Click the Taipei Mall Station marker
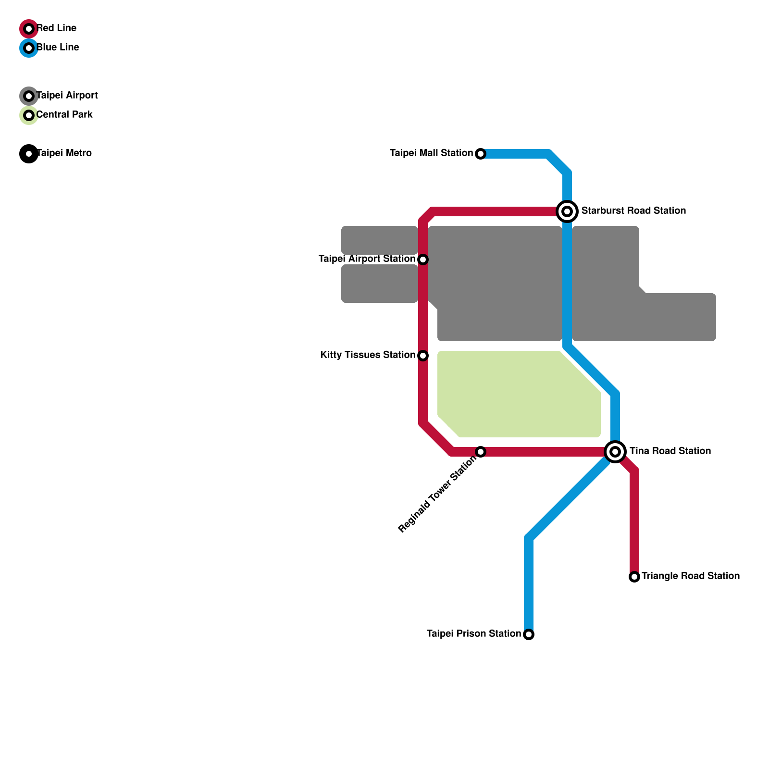[x=481, y=154]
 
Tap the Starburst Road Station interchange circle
[x=567, y=211]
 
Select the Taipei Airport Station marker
[x=423, y=260]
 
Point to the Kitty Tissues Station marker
[x=423, y=356]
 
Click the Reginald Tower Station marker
[x=481, y=452]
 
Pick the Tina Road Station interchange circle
[x=615, y=451]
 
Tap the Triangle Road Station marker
[x=634, y=577]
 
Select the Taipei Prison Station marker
[x=529, y=634]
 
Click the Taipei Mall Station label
[x=431, y=153]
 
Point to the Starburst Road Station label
[x=633, y=211]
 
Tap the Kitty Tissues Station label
[x=368, y=355]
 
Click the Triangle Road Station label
[x=690, y=576]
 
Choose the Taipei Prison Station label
[x=473, y=634]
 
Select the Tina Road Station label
[x=670, y=451]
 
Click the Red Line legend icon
[x=29, y=29]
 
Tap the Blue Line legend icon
[x=29, y=48]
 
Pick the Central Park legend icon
[x=29, y=115]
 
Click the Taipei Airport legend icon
[x=29, y=96]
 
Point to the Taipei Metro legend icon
[x=29, y=154]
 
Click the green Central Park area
[x=514, y=394]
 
